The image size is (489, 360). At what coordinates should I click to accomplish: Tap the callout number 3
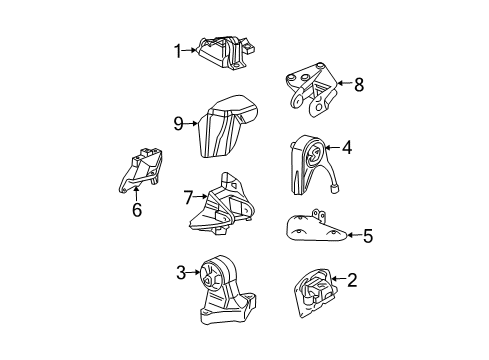click(x=180, y=271)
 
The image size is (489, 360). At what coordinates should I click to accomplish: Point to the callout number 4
click(x=347, y=149)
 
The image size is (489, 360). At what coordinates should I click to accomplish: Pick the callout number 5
click(x=367, y=237)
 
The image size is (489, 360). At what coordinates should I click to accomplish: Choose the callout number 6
click(x=137, y=209)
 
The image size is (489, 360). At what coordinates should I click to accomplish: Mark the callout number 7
click(x=185, y=199)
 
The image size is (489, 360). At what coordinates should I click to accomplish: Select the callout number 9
click(x=178, y=125)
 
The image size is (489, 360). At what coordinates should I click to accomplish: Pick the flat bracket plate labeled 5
click(x=310, y=233)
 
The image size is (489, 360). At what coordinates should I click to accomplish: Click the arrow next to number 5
click(x=352, y=237)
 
